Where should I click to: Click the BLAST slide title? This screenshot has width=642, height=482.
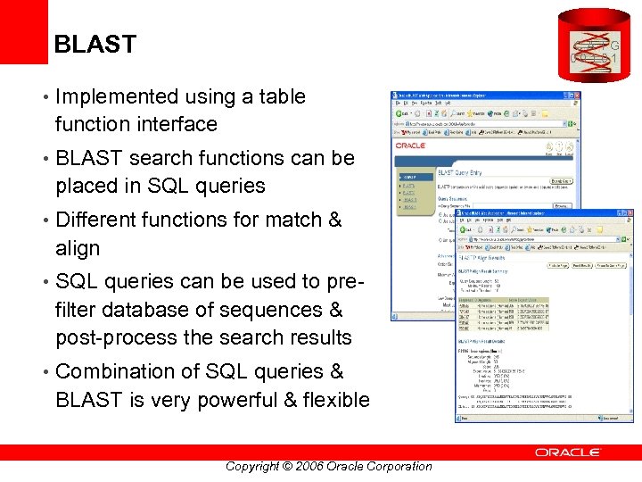95,44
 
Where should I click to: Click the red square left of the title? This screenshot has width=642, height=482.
23,31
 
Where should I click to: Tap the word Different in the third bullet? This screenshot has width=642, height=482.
97,220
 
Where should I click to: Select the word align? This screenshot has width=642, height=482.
78,248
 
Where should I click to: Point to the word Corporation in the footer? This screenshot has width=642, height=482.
392,466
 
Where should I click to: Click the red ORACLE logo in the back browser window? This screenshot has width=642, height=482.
411,145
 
